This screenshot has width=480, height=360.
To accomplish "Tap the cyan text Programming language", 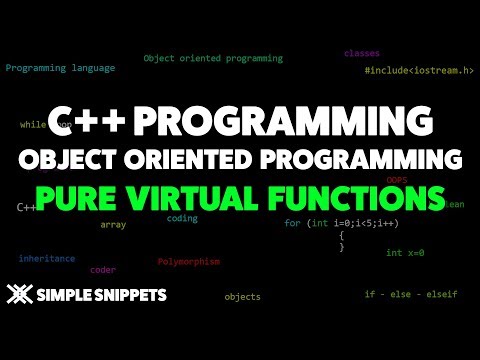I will tap(60, 68).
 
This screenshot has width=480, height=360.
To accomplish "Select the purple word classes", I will tap(362, 53).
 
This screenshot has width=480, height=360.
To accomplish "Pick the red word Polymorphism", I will tap(188, 262).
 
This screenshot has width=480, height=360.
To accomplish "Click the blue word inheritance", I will tap(46, 258).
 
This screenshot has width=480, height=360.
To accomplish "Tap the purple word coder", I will tap(103, 270).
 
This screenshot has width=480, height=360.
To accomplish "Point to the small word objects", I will tap(242, 297).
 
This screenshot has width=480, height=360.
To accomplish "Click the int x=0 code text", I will tap(405, 253).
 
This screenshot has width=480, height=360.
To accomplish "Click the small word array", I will tap(113, 225).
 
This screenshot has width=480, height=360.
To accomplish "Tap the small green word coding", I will tap(182, 218).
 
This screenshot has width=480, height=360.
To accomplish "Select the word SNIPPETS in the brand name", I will tap(131, 295).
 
